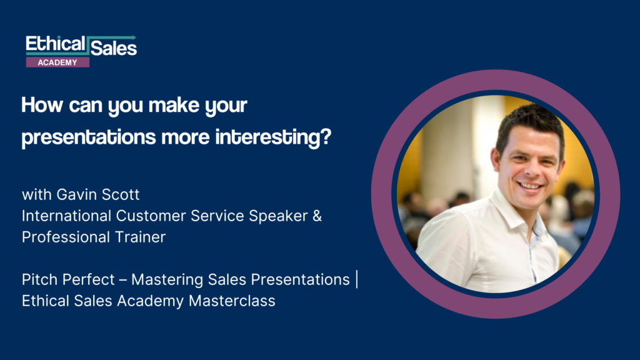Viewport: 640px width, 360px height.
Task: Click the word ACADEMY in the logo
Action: click(57, 62)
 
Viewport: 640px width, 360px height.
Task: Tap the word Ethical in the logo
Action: click(56, 44)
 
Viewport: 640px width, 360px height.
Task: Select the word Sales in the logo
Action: click(114, 47)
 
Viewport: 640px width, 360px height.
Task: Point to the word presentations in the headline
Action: click(89, 137)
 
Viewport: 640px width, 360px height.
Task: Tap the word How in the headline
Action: click(42, 105)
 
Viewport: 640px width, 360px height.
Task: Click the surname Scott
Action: click(121, 194)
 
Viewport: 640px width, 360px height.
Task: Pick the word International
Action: click(66, 216)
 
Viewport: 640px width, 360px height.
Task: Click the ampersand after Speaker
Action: click(317, 216)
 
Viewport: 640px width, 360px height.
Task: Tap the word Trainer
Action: click(140, 237)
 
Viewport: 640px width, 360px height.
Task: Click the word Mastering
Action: click(167, 280)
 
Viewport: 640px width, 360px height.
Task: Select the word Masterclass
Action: click(232, 301)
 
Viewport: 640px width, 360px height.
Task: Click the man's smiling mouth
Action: click(530, 186)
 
